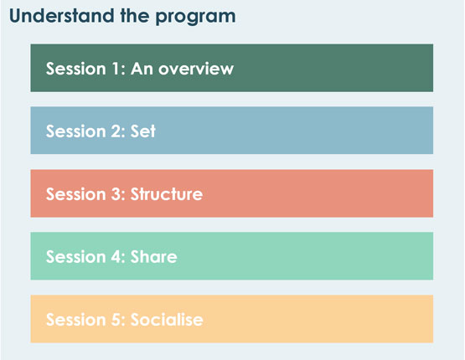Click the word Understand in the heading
coord(62,15)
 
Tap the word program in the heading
coord(195,18)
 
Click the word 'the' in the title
coord(135,15)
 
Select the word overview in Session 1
coord(196,69)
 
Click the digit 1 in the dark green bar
coord(116,69)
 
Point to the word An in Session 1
coord(142,69)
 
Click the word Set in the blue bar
coord(143,131)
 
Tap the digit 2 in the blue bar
coord(116,131)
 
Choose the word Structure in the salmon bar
coord(167,194)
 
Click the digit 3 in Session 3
coord(116,194)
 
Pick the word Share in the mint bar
coord(153,257)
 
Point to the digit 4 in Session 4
coord(116,257)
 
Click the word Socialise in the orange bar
coord(167,320)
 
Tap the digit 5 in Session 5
coord(116,320)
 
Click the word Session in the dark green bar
coord(76,69)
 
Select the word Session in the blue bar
coord(76,131)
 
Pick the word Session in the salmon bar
coord(76,194)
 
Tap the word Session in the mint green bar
coord(76,257)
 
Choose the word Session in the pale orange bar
coord(76,320)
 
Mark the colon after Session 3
coord(124,196)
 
